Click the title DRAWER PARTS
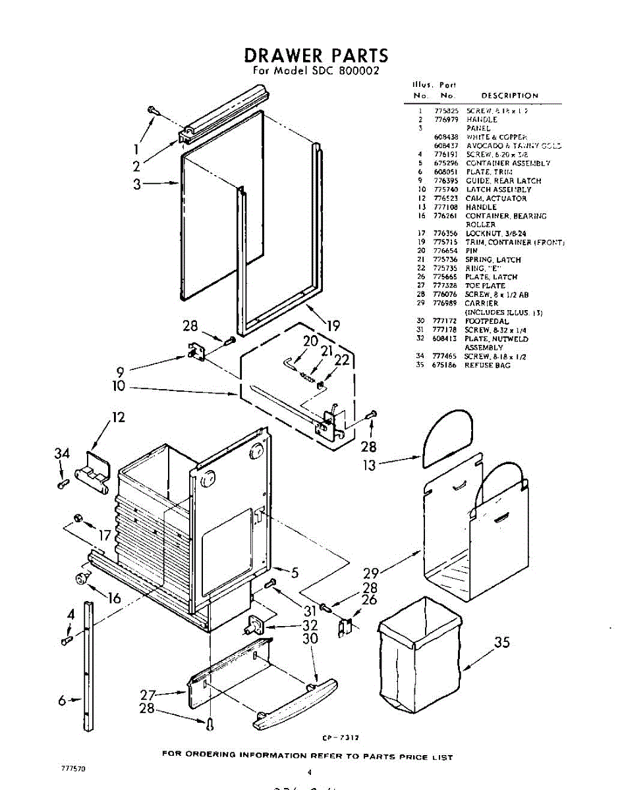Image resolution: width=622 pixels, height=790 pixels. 316,55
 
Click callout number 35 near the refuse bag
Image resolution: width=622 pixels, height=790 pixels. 502,642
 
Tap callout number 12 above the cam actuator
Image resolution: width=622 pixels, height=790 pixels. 119,417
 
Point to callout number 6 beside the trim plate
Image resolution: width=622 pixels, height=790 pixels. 62,701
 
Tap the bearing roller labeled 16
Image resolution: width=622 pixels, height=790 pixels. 82,578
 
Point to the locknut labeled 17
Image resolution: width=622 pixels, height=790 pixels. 78,518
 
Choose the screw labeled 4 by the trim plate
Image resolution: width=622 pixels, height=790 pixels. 66,639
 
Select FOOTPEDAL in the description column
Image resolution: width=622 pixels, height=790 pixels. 487,321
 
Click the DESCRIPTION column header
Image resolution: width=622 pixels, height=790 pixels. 509,95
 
